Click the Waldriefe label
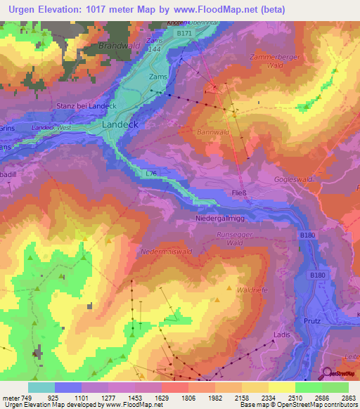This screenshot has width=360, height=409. click(253, 290)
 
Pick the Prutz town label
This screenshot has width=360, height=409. click(313, 321)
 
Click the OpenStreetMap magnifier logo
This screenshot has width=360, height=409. click(328, 374)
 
